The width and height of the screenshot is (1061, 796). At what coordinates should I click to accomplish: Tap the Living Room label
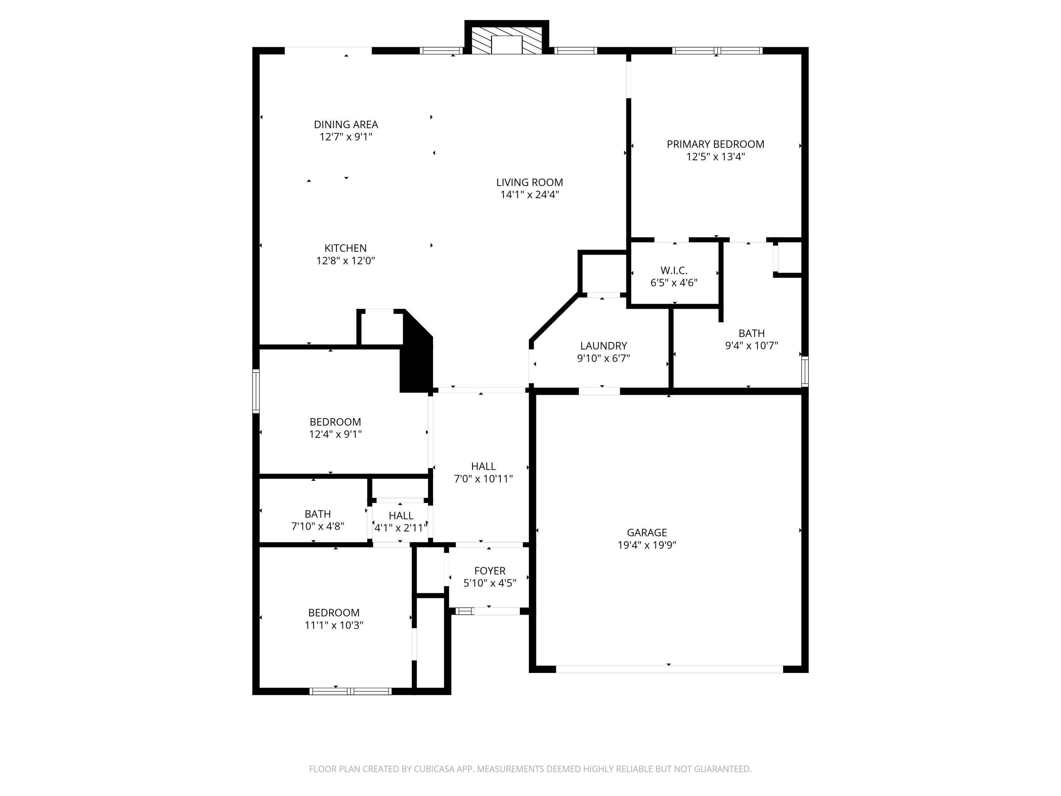529,182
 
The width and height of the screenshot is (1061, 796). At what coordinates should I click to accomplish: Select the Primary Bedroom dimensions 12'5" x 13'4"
715,157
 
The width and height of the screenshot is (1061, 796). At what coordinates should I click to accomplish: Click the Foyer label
490,571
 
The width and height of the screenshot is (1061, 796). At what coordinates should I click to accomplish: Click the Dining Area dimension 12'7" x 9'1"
346,137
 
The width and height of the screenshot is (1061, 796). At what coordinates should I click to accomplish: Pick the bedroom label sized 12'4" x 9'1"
335,422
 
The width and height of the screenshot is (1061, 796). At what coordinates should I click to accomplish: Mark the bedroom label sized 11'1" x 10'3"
334,613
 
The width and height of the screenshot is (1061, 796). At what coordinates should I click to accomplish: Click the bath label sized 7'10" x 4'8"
318,514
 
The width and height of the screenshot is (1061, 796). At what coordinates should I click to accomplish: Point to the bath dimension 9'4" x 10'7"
751,345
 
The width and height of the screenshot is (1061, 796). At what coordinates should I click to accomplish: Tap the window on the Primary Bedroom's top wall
717,50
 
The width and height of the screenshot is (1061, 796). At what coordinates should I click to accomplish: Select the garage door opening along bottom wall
669,669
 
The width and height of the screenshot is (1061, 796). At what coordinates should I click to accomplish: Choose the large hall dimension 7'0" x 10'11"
483,479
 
